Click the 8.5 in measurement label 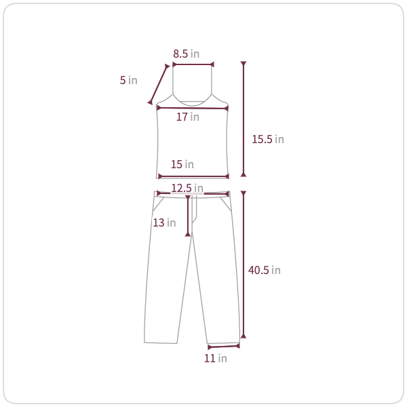187,54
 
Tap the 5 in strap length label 128,80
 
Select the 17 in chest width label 188,117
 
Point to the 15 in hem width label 182,164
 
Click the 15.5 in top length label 268,139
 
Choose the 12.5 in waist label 187,188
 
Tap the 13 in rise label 164,222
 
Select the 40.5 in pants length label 265,270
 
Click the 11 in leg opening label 216,358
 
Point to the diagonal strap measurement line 158,84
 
